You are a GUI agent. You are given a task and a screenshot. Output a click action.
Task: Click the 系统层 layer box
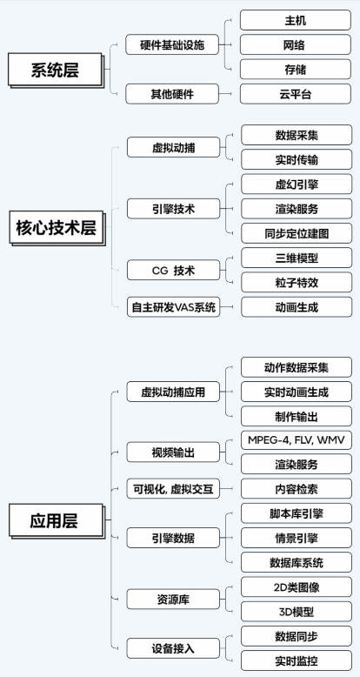pos(55,70)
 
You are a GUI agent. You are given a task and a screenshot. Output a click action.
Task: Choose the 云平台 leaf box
pos(297,93)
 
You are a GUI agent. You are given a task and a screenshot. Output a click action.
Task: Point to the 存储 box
pos(297,69)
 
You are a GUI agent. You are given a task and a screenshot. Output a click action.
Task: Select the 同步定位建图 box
pos(297,232)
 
